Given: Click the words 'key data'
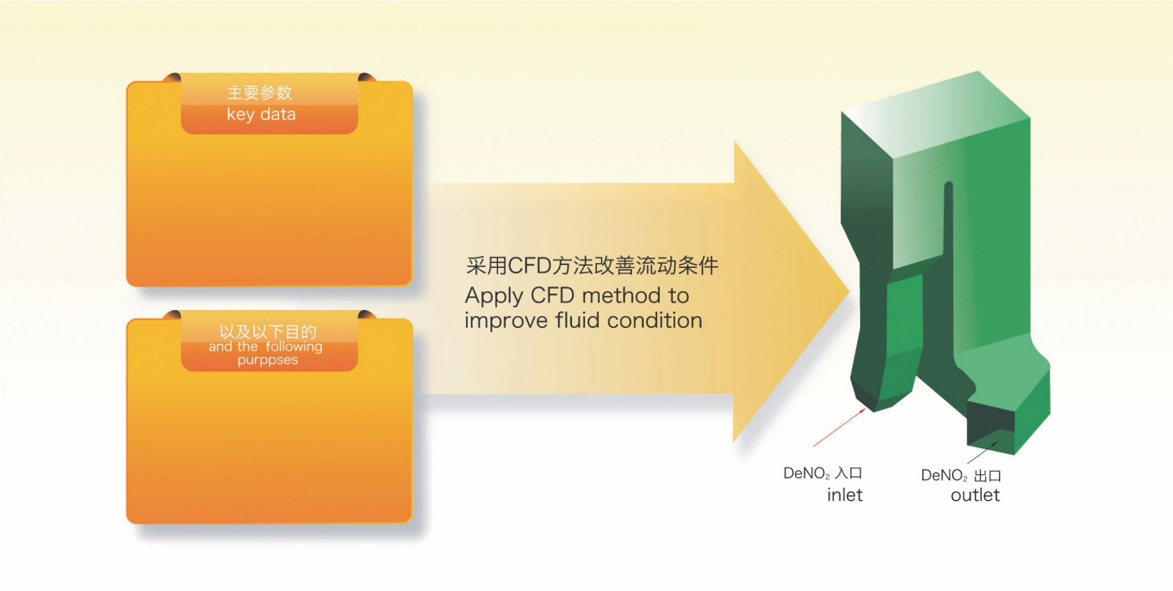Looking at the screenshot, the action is pyautogui.click(x=261, y=115).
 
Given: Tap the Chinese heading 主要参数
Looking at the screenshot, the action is pyautogui.click(x=260, y=92).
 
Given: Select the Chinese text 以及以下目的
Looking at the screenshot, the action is pyautogui.click(x=268, y=332).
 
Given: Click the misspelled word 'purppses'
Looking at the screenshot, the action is pyautogui.click(x=268, y=361).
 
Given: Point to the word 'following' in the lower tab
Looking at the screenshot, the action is pyautogui.click(x=294, y=347).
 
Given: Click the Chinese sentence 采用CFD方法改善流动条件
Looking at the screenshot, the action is pyautogui.click(x=592, y=265).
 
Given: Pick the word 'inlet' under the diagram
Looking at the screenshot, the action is pyautogui.click(x=844, y=495).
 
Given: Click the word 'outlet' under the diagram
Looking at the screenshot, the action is pyautogui.click(x=975, y=495).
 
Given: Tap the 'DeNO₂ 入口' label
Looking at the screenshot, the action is pyautogui.click(x=823, y=473).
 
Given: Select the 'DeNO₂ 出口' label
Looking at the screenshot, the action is pyautogui.click(x=961, y=476).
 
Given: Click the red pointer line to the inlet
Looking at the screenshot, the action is pyautogui.click(x=839, y=427).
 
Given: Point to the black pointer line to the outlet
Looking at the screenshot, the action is pyautogui.click(x=982, y=452).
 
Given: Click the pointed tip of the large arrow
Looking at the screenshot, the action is pyautogui.click(x=848, y=290).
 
